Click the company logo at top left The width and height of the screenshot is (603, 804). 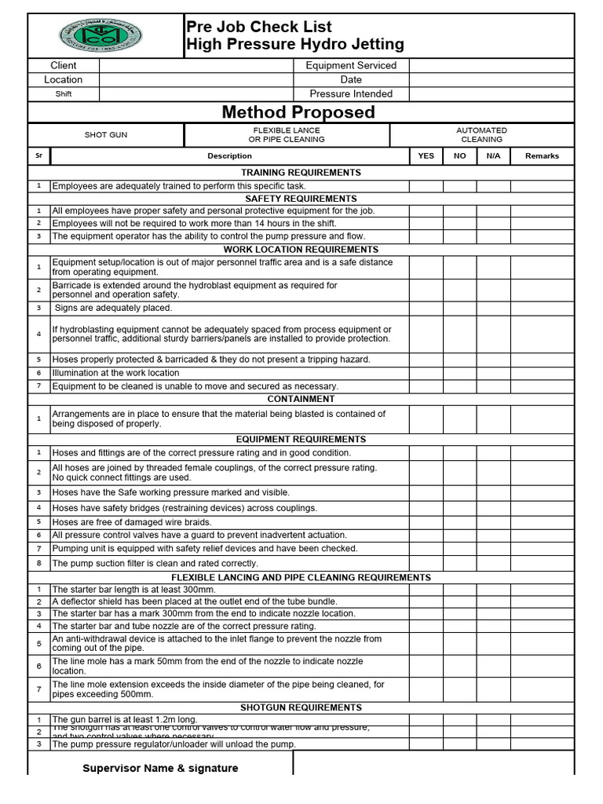[100, 35]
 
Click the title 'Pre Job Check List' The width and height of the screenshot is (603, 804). [258, 27]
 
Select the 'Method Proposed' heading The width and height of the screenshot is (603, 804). [298, 112]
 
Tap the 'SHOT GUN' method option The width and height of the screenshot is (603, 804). [106, 135]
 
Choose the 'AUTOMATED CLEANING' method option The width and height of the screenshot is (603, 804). [481, 135]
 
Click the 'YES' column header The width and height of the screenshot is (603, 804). [426, 156]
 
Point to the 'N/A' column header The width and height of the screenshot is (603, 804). [493, 156]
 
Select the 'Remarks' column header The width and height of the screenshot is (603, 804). [542, 156]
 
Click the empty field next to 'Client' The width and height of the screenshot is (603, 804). [196, 66]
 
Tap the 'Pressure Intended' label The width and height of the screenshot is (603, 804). [351, 94]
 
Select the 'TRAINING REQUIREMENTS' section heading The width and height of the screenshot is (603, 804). [301, 173]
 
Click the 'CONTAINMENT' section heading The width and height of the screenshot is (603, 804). [301, 400]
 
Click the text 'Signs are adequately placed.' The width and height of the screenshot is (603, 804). [112, 309]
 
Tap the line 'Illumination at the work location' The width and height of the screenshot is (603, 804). [115, 374]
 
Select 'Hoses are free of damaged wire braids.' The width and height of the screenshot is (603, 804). [131, 522]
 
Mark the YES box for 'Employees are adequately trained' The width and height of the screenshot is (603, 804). [426, 186]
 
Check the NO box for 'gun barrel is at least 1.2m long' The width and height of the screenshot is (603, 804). [459, 720]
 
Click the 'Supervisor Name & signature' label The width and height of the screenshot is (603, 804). [160, 769]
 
